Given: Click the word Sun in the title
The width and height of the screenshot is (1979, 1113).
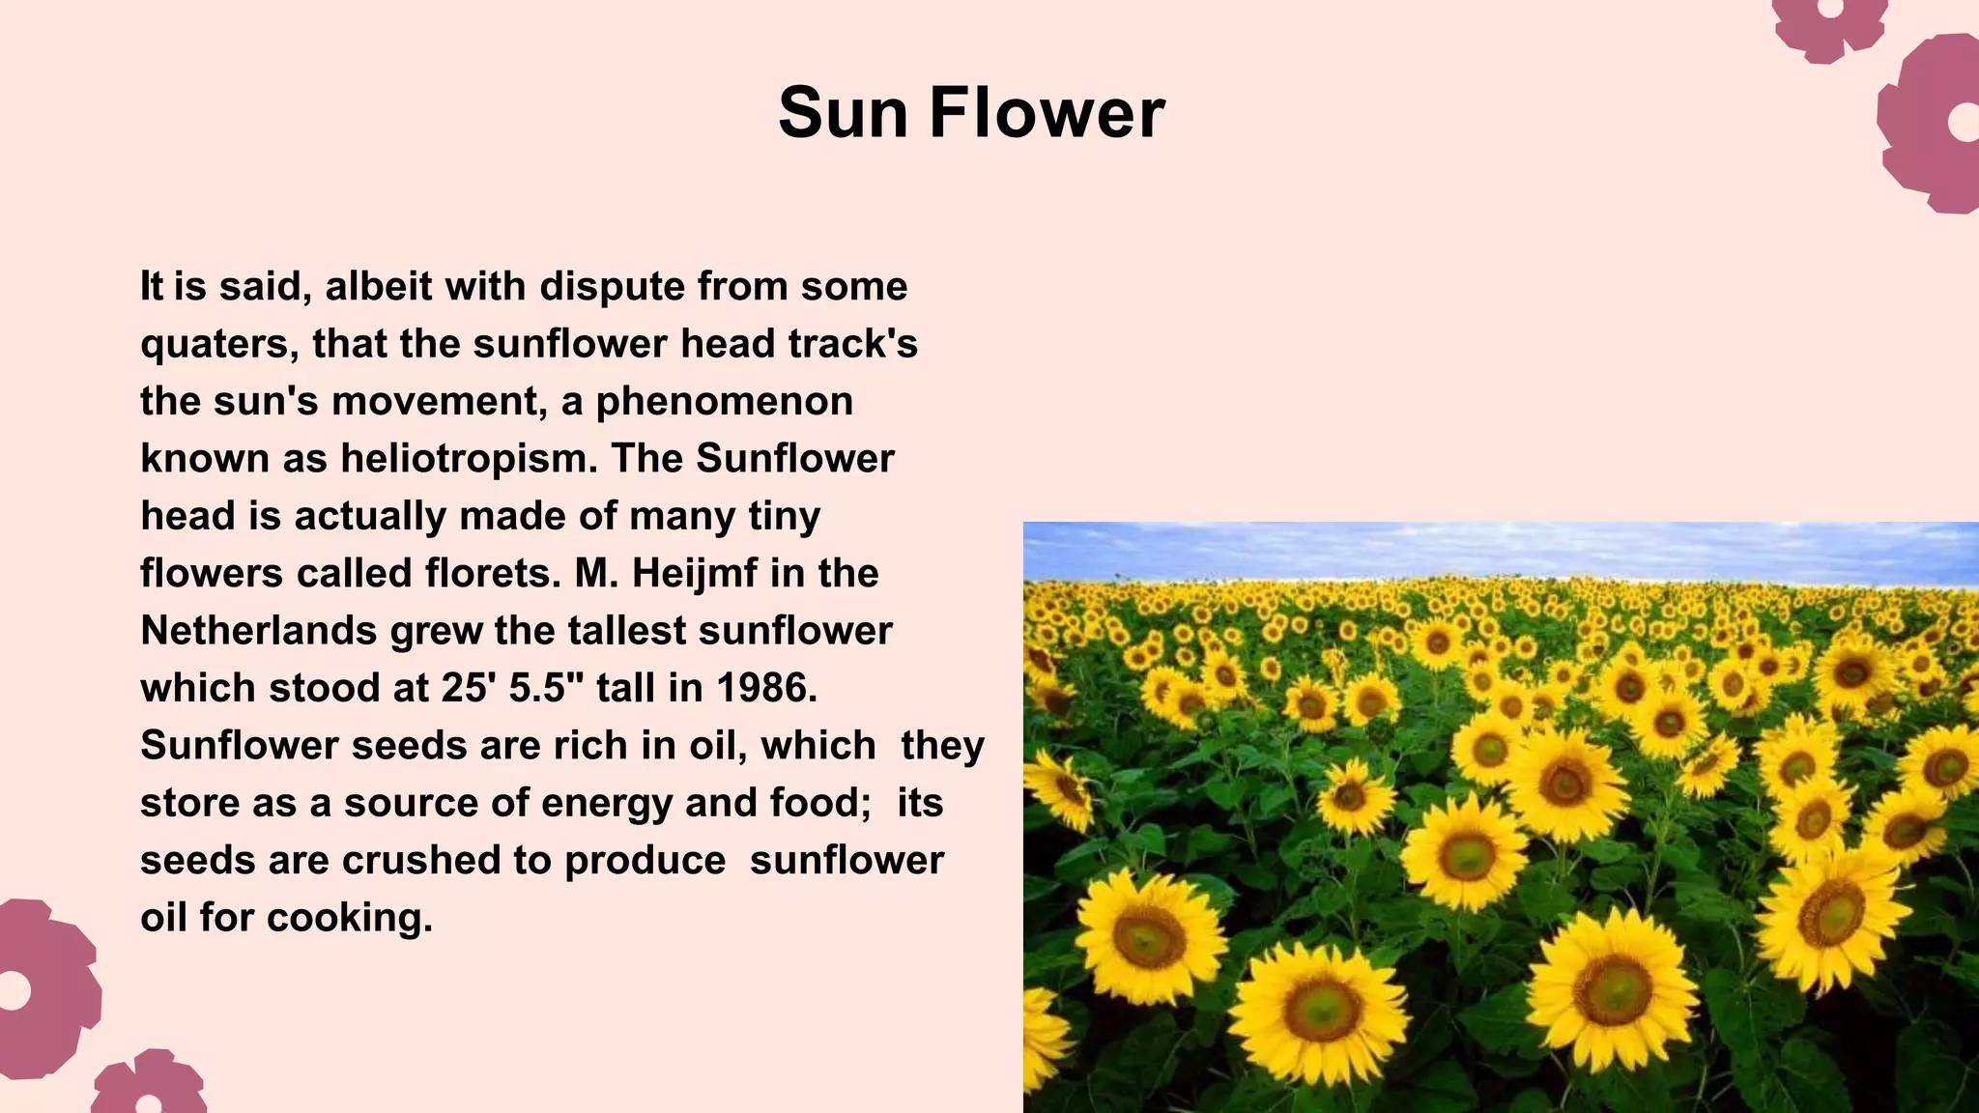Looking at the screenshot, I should pyautogui.click(x=844, y=113).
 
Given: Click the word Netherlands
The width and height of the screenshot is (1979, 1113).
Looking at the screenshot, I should pyautogui.click(x=258, y=631).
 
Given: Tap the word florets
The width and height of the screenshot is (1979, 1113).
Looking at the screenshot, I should pyautogui.click(x=493, y=574).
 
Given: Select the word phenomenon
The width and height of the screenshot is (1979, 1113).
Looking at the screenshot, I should pyautogui.click(x=724, y=402).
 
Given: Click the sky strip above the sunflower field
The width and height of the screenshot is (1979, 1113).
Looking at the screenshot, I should pyautogui.click(x=1498, y=551).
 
